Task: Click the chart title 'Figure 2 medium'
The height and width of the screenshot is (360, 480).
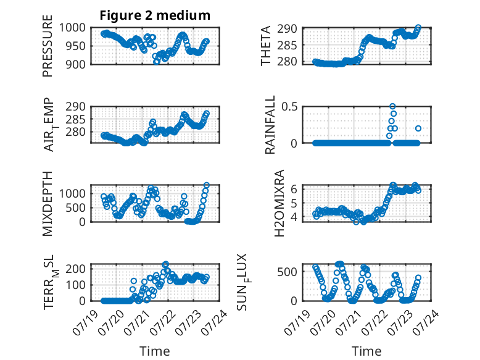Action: click(155, 15)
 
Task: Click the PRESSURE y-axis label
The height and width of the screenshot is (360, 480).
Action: click(48, 46)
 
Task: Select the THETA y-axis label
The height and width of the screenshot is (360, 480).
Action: click(266, 46)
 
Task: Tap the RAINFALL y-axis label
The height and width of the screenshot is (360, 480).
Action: click(270, 125)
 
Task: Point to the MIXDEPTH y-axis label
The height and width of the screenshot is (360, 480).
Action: click(48, 204)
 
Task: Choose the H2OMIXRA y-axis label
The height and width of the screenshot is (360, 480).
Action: click(279, 203)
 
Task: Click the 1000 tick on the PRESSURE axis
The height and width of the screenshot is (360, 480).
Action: click(72, 28)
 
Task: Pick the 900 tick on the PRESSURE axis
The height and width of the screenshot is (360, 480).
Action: click(76, 64)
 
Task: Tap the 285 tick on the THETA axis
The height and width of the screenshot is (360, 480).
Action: click(287, 45)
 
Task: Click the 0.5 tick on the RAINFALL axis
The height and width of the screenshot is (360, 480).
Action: click(289, 107)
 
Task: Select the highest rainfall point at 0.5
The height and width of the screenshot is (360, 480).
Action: click(392, 106)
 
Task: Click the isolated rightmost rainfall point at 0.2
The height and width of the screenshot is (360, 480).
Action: click(418, 128)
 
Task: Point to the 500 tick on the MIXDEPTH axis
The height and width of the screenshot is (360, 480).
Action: click(76, 207)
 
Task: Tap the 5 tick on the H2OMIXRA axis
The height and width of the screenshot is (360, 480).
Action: click(294, 203)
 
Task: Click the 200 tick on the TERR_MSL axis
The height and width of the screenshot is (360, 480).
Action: click(76, 269)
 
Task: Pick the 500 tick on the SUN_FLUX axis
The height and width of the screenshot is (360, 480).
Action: click(287, 272)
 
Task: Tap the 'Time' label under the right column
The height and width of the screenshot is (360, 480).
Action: click(366, 351)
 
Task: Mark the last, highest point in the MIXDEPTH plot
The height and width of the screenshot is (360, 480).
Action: click(207, 185)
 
